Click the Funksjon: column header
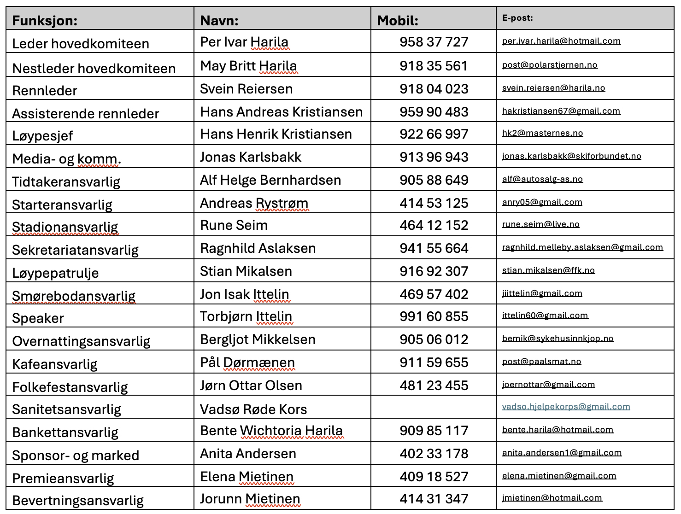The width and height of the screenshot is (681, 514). click(45, 21)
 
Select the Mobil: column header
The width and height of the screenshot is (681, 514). click(398, 21)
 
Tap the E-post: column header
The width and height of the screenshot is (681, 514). click(517, 18)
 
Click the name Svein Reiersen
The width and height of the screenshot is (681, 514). click(246, 89)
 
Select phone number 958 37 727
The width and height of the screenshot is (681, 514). click(434, 42)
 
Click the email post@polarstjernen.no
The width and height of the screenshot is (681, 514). click(550, 65)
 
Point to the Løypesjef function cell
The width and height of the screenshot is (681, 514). click(42, 136)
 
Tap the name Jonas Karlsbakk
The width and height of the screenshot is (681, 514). click(250, 157)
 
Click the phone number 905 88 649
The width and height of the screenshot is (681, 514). click(434, 180)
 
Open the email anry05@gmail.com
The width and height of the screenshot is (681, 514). click(542, 202)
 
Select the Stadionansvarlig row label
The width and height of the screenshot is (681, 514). click(65, 227)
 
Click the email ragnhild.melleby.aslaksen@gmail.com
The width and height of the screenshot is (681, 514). click(582, 247)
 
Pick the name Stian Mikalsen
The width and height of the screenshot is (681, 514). click(246, 271)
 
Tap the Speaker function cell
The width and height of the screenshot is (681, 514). click(38, 318)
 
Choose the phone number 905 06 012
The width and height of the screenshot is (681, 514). click(434, 339)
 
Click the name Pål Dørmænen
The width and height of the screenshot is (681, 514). click(247, 362)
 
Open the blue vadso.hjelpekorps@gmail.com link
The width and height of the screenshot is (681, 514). click(566, 407)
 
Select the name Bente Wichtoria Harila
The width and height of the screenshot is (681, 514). click(271, 431)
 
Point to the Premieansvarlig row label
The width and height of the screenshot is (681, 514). click(63, 479)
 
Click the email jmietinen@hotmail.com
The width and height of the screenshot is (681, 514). click(552, 498)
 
